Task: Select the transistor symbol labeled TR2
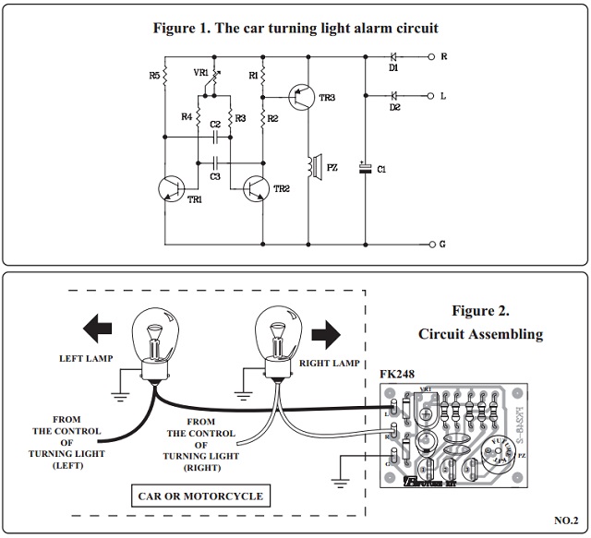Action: pos(256,187)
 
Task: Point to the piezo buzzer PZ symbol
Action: pos(313,166)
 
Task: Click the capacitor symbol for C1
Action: pos(367,168)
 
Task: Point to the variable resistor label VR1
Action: pos(200,70)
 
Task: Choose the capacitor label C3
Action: pos(214,175)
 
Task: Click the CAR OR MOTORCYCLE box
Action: pos(199,496)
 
